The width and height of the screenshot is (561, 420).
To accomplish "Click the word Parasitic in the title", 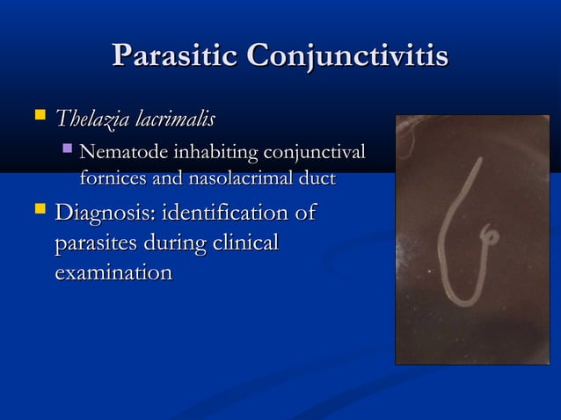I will [175, 57].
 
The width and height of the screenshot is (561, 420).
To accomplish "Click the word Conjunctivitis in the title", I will [347, 57].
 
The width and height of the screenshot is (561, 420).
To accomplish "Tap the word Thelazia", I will [91, 118].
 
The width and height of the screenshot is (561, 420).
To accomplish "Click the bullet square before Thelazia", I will [37, 116].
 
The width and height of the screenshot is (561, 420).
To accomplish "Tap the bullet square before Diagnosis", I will [37, 212].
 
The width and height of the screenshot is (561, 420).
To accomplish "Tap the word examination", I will [113, 273].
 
